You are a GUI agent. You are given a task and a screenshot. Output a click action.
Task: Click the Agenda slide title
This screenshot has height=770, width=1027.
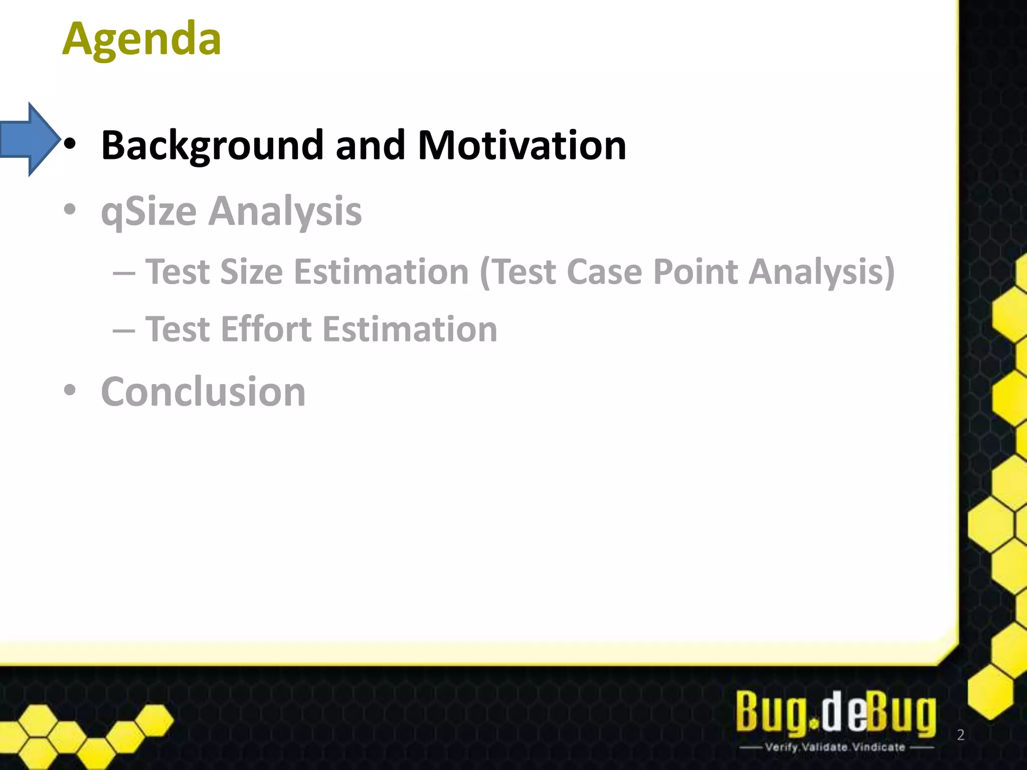point(141,39)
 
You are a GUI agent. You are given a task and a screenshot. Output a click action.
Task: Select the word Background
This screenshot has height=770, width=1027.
point(212,145)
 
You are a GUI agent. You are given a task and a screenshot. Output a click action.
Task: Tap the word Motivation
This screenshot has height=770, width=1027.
point(522,145)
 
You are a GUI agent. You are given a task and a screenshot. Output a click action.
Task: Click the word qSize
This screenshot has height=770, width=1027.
point(149,212)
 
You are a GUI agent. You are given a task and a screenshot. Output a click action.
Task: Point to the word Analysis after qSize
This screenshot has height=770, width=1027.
point(285,212)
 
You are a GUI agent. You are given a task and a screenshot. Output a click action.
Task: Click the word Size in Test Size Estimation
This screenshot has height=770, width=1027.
point(251,272)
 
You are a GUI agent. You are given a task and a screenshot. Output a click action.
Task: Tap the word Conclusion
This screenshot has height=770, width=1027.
point(203,392)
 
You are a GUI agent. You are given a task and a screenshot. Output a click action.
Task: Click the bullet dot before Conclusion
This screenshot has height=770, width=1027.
point(70,390)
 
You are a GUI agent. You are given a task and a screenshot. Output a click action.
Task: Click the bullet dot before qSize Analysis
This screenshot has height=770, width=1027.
point(70,210)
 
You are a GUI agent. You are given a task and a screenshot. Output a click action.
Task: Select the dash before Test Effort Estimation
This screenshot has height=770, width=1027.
point(124,331)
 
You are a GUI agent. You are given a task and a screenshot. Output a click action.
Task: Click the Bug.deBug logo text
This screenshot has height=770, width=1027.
point(835,712)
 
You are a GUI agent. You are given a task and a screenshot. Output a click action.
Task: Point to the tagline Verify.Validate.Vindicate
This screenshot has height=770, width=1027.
point(835,747)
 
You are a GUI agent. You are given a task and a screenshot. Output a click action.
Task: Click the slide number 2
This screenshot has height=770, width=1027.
point(960,735)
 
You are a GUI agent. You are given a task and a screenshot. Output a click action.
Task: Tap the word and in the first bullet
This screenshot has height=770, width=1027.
point(370,145)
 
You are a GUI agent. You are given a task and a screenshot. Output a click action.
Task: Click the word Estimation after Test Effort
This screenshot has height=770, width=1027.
point(410,329)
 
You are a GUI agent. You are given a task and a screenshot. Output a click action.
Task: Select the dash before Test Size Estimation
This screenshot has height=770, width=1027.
point(124,274)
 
